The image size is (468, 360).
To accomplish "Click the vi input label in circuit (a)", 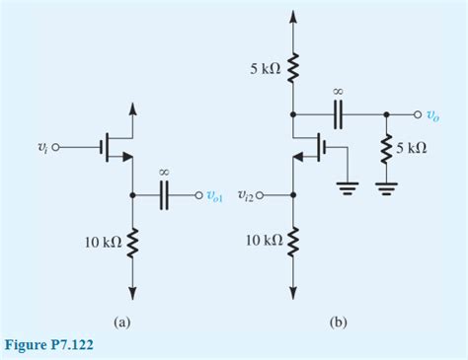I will (x=40, y=148).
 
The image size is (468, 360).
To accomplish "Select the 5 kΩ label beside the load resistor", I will (x=412, y=148).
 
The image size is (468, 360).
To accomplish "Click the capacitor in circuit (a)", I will (x=165, y=194).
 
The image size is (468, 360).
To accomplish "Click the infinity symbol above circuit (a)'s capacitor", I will (x=165, y=173).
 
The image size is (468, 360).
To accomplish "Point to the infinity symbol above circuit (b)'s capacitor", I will (x=338, y=92).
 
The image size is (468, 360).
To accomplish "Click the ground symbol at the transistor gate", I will (x=347, y=188).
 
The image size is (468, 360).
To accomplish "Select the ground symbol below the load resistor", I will (x=385, y=188).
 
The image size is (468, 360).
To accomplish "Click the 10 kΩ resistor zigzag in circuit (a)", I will (x=132, y=241).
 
